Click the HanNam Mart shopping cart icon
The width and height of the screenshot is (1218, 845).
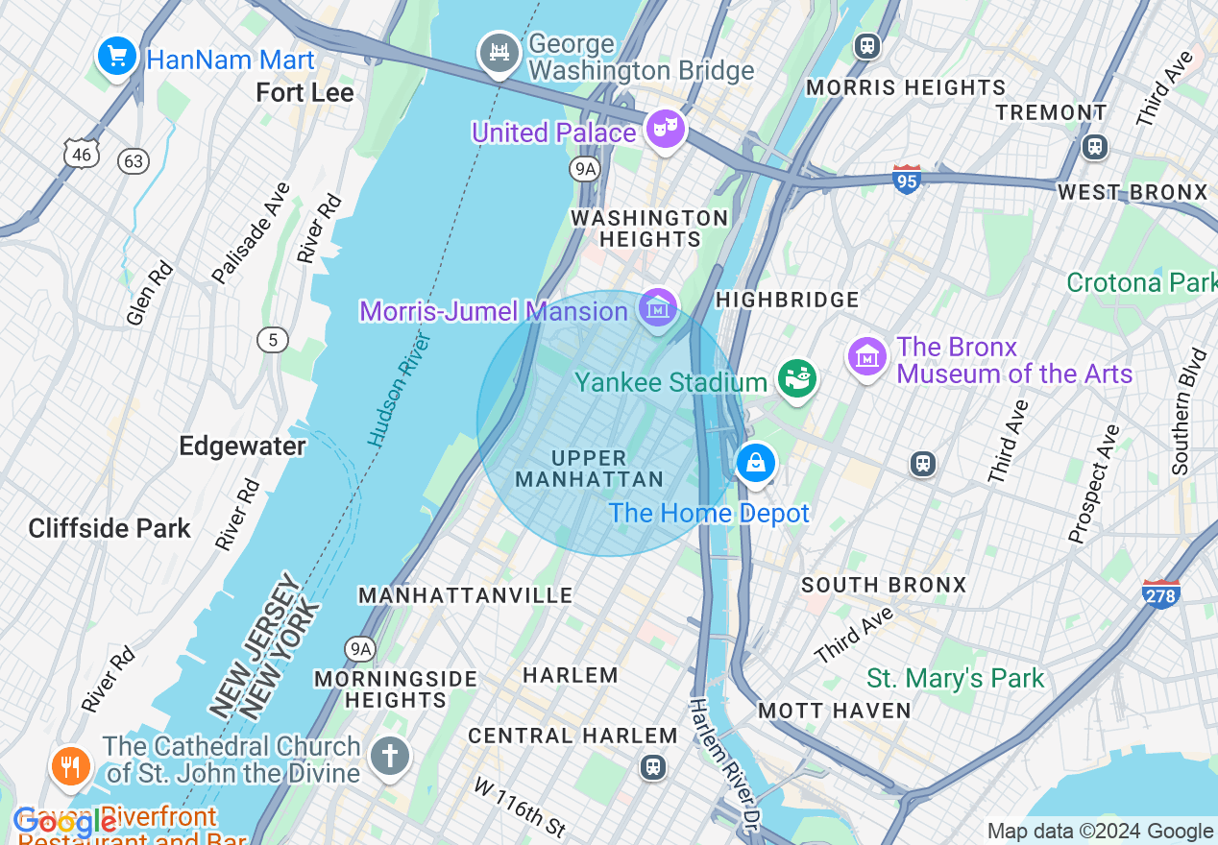(x=117, y=57)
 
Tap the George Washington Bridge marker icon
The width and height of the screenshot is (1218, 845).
(x=499, y=54)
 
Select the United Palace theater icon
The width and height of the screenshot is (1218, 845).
(x=665, y=129)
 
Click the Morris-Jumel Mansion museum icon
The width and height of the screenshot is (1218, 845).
(x=658, y=308)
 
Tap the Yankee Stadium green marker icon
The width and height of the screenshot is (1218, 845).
(x=796, y=378)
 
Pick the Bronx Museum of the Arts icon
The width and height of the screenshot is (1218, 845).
(x=867, y=356)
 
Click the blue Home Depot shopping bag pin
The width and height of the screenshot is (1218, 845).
(x=756, y=464)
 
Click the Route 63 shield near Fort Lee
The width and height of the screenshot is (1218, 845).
(x=134, y=160)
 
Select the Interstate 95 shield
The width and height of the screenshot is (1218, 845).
(x=907, y=180)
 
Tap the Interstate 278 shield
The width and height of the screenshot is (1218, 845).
(x=1161, y=593)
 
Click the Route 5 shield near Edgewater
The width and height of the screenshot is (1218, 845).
(x=273, y=339)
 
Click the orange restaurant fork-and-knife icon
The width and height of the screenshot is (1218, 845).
(x=70, y=766)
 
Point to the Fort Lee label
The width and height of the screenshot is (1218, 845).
(x=305, y=93)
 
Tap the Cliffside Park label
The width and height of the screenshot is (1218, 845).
(x=110, y=528)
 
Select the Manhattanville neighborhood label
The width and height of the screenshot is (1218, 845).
(x=466, y=595)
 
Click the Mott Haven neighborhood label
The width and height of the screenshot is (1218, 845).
(x=834, y=711)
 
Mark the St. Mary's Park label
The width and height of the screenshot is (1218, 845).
(x=955, y=679)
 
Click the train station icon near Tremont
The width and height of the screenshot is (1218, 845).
(x=1094, y=147)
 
